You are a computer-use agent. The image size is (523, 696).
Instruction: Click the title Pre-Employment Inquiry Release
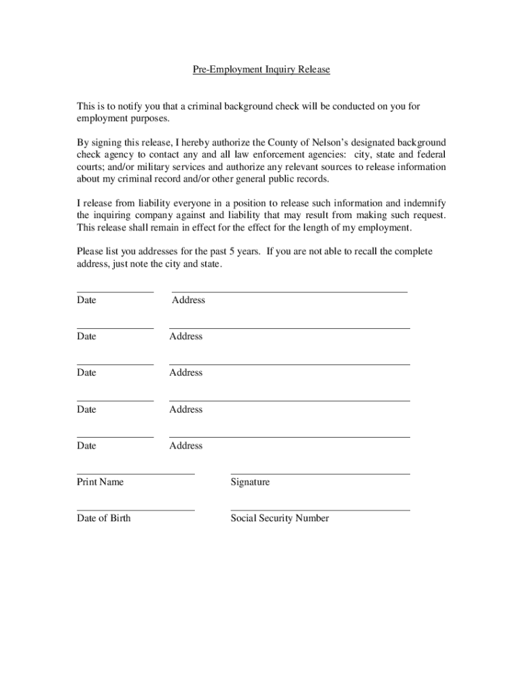tap(261, 70)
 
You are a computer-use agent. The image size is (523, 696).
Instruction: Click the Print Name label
tap(101, 482)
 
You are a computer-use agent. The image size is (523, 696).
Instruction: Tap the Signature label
tap(250, 482)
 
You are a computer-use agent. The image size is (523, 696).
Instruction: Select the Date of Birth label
tap(104, 518)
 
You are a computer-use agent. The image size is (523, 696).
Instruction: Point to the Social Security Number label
tap(280, 518)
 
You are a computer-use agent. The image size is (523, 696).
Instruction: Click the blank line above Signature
tap(320, 474)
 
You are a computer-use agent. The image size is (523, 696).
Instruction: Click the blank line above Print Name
tap(136, 474)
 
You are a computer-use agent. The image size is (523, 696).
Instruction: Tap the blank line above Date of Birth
tap(136, 510)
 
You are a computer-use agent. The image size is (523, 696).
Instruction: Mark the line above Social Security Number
tap(320, 510)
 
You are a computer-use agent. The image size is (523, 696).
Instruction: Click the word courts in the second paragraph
tap(90, 167)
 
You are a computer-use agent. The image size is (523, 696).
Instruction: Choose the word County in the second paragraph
tap(283, 143)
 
